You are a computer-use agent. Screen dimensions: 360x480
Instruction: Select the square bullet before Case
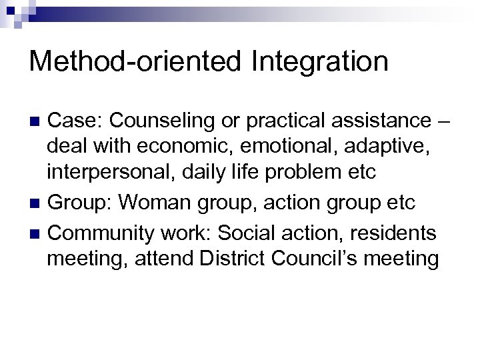click(37, 121)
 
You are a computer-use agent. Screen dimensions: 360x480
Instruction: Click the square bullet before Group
click(37, 203)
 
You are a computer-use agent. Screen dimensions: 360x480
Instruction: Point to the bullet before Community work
click(37, 234)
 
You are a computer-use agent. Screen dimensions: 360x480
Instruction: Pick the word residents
click(398, 233)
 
